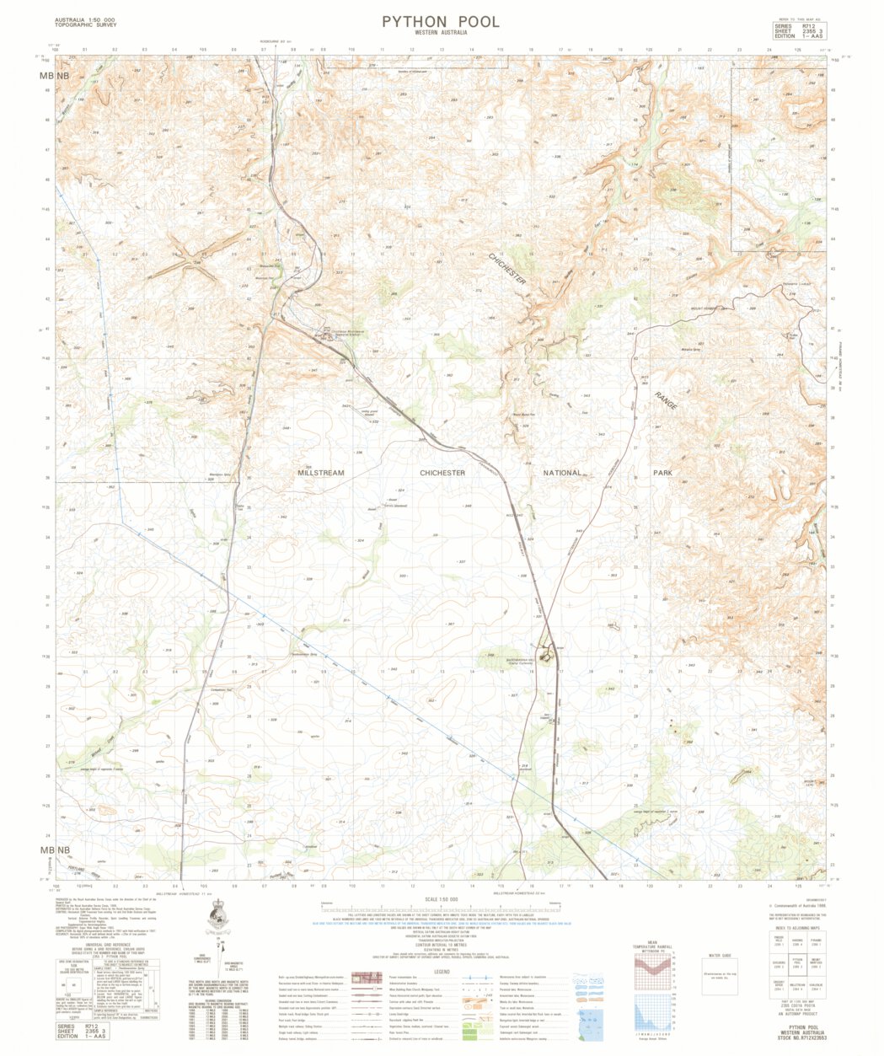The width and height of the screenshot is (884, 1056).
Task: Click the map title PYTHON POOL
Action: (440, 22)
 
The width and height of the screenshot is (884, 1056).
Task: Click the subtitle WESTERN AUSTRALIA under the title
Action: (440, 33)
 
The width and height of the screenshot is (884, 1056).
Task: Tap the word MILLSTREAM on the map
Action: (320, 474)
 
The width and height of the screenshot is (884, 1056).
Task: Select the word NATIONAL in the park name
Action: (562, 473)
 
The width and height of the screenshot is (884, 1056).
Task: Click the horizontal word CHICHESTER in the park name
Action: (442, 474)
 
